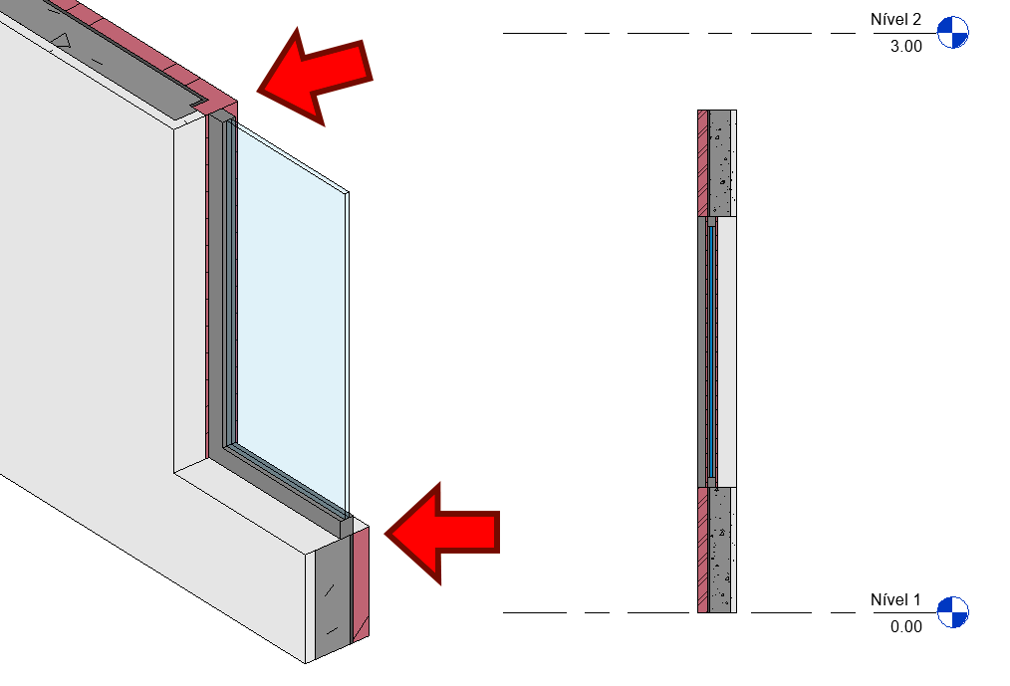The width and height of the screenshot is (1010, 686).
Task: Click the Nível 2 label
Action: coord(895,19)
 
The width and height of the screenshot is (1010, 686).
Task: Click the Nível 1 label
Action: coord(895,599)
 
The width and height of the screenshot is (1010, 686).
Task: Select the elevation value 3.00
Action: coord(905,47)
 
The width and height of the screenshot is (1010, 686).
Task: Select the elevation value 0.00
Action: coord(905,626)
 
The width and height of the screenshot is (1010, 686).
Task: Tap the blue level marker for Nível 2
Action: coord(952,33)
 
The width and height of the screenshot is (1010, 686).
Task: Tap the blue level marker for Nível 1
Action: coord(952,612)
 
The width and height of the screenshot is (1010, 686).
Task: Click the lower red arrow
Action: coord(442,534)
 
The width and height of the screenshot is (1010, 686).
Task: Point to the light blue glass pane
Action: coord(291,316)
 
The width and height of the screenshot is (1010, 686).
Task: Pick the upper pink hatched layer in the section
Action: coord(703,163)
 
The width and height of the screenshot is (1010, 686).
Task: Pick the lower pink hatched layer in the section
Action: coord(703,550)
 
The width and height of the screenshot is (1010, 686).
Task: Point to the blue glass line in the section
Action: coord(711,351)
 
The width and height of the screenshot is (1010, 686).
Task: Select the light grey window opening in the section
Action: coord(726,351)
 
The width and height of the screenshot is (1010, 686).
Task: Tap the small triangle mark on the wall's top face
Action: coord(61,41)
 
